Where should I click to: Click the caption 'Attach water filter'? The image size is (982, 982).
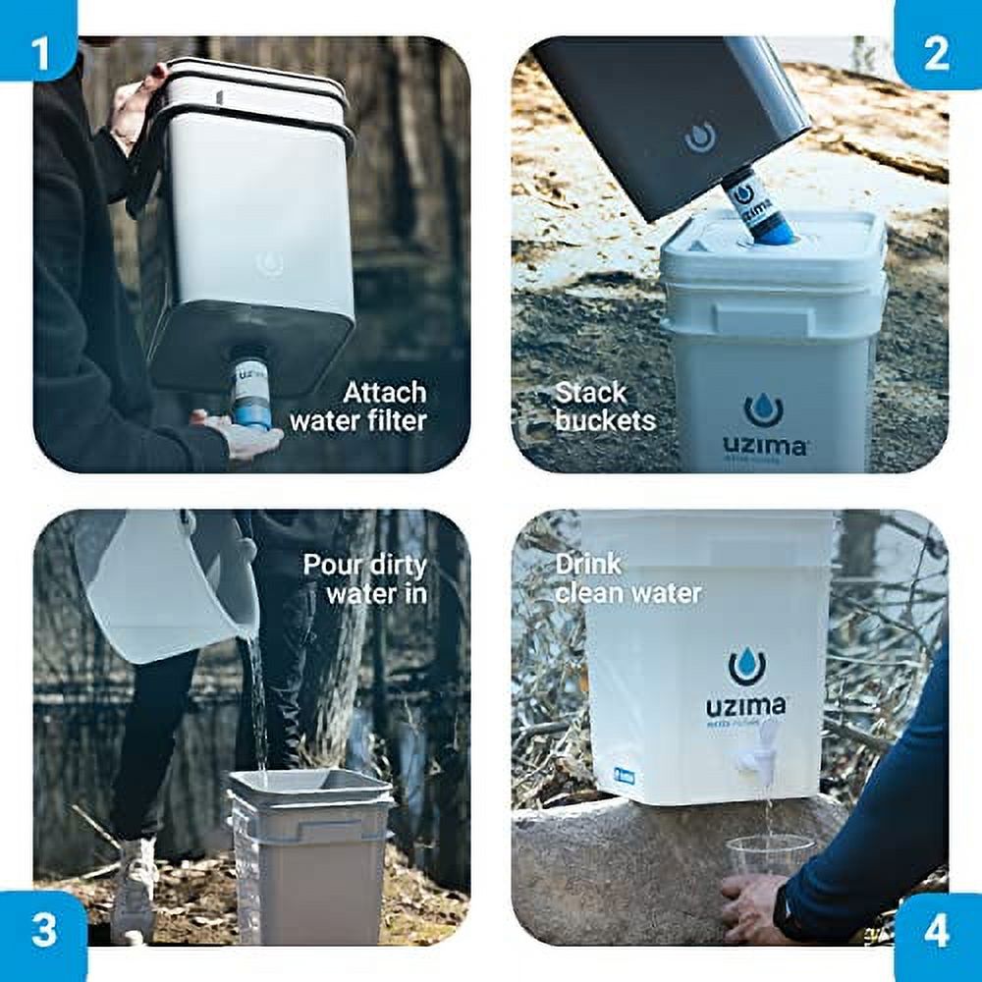click(x=357, y=407)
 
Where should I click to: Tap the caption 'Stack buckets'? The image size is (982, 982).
click(x=605, y=407)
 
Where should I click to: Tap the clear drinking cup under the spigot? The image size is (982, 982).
click(x=770, y=853)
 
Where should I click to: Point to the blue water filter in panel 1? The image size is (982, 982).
click(x=251, y=394)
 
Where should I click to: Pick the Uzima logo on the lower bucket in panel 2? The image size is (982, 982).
click(x=764, y=426)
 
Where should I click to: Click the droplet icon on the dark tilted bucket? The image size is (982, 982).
click(x=699, y=137)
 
